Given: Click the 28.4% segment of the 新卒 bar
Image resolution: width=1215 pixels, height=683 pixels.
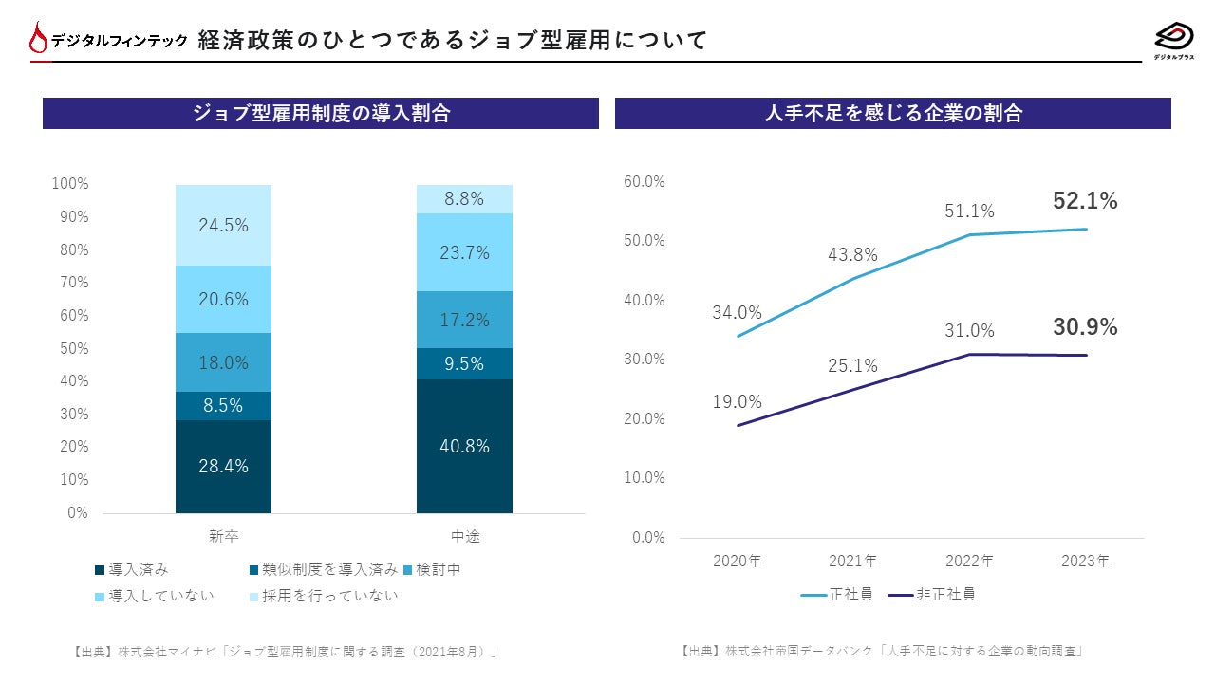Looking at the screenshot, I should click(223, 466).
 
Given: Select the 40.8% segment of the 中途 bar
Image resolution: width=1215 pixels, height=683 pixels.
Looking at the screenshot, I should click(464, 446).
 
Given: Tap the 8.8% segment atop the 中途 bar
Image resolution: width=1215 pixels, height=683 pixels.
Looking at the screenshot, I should click(464, 199).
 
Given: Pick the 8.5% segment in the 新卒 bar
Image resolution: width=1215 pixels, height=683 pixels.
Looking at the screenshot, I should click(223, 405).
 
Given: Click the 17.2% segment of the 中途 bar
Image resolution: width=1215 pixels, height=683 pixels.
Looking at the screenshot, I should click(464, 320).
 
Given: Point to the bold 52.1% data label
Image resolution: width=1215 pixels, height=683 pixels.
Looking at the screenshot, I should click(1085, 201).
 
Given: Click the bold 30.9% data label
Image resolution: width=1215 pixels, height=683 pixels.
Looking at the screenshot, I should click(1085, 327).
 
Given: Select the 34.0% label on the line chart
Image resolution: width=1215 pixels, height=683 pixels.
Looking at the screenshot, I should click(737, 312).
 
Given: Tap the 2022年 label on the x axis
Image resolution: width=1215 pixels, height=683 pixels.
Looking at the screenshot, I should click(969, 561).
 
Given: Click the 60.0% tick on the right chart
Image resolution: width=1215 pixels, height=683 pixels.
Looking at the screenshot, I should click(645, 181).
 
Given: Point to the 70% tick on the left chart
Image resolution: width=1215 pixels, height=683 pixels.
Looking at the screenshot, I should click(70, 282).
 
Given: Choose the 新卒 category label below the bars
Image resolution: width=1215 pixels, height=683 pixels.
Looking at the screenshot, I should click(223, 536).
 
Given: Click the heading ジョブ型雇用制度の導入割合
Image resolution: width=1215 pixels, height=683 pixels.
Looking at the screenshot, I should click(321, 113).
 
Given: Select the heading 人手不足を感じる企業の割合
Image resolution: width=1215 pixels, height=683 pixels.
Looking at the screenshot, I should click(893, 113).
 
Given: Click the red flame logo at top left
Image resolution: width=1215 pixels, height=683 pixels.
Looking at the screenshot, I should click(38, 39).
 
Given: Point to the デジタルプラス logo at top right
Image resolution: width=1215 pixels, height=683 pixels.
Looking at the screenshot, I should click(1174, 40).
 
